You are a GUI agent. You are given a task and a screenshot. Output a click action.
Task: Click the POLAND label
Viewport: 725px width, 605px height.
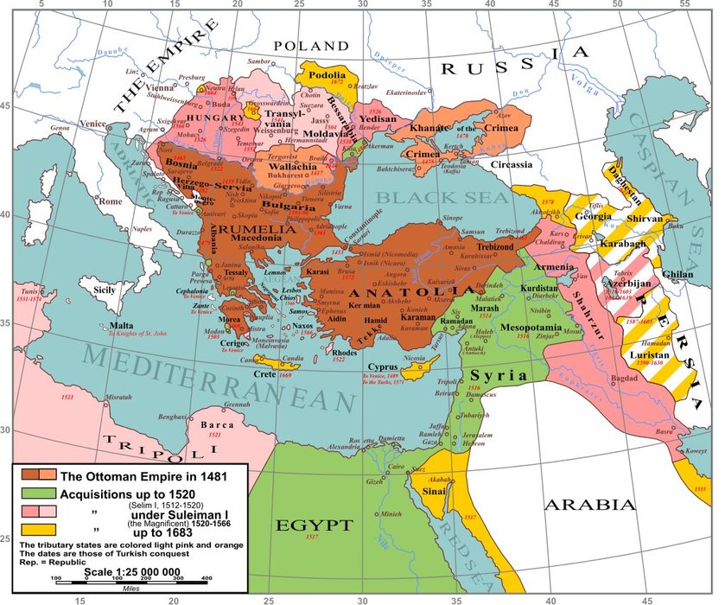point(311,46)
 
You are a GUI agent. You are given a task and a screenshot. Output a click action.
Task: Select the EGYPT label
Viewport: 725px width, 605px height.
point(314,525)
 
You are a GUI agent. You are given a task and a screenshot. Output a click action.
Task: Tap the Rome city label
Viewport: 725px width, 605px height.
point(111,201)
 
